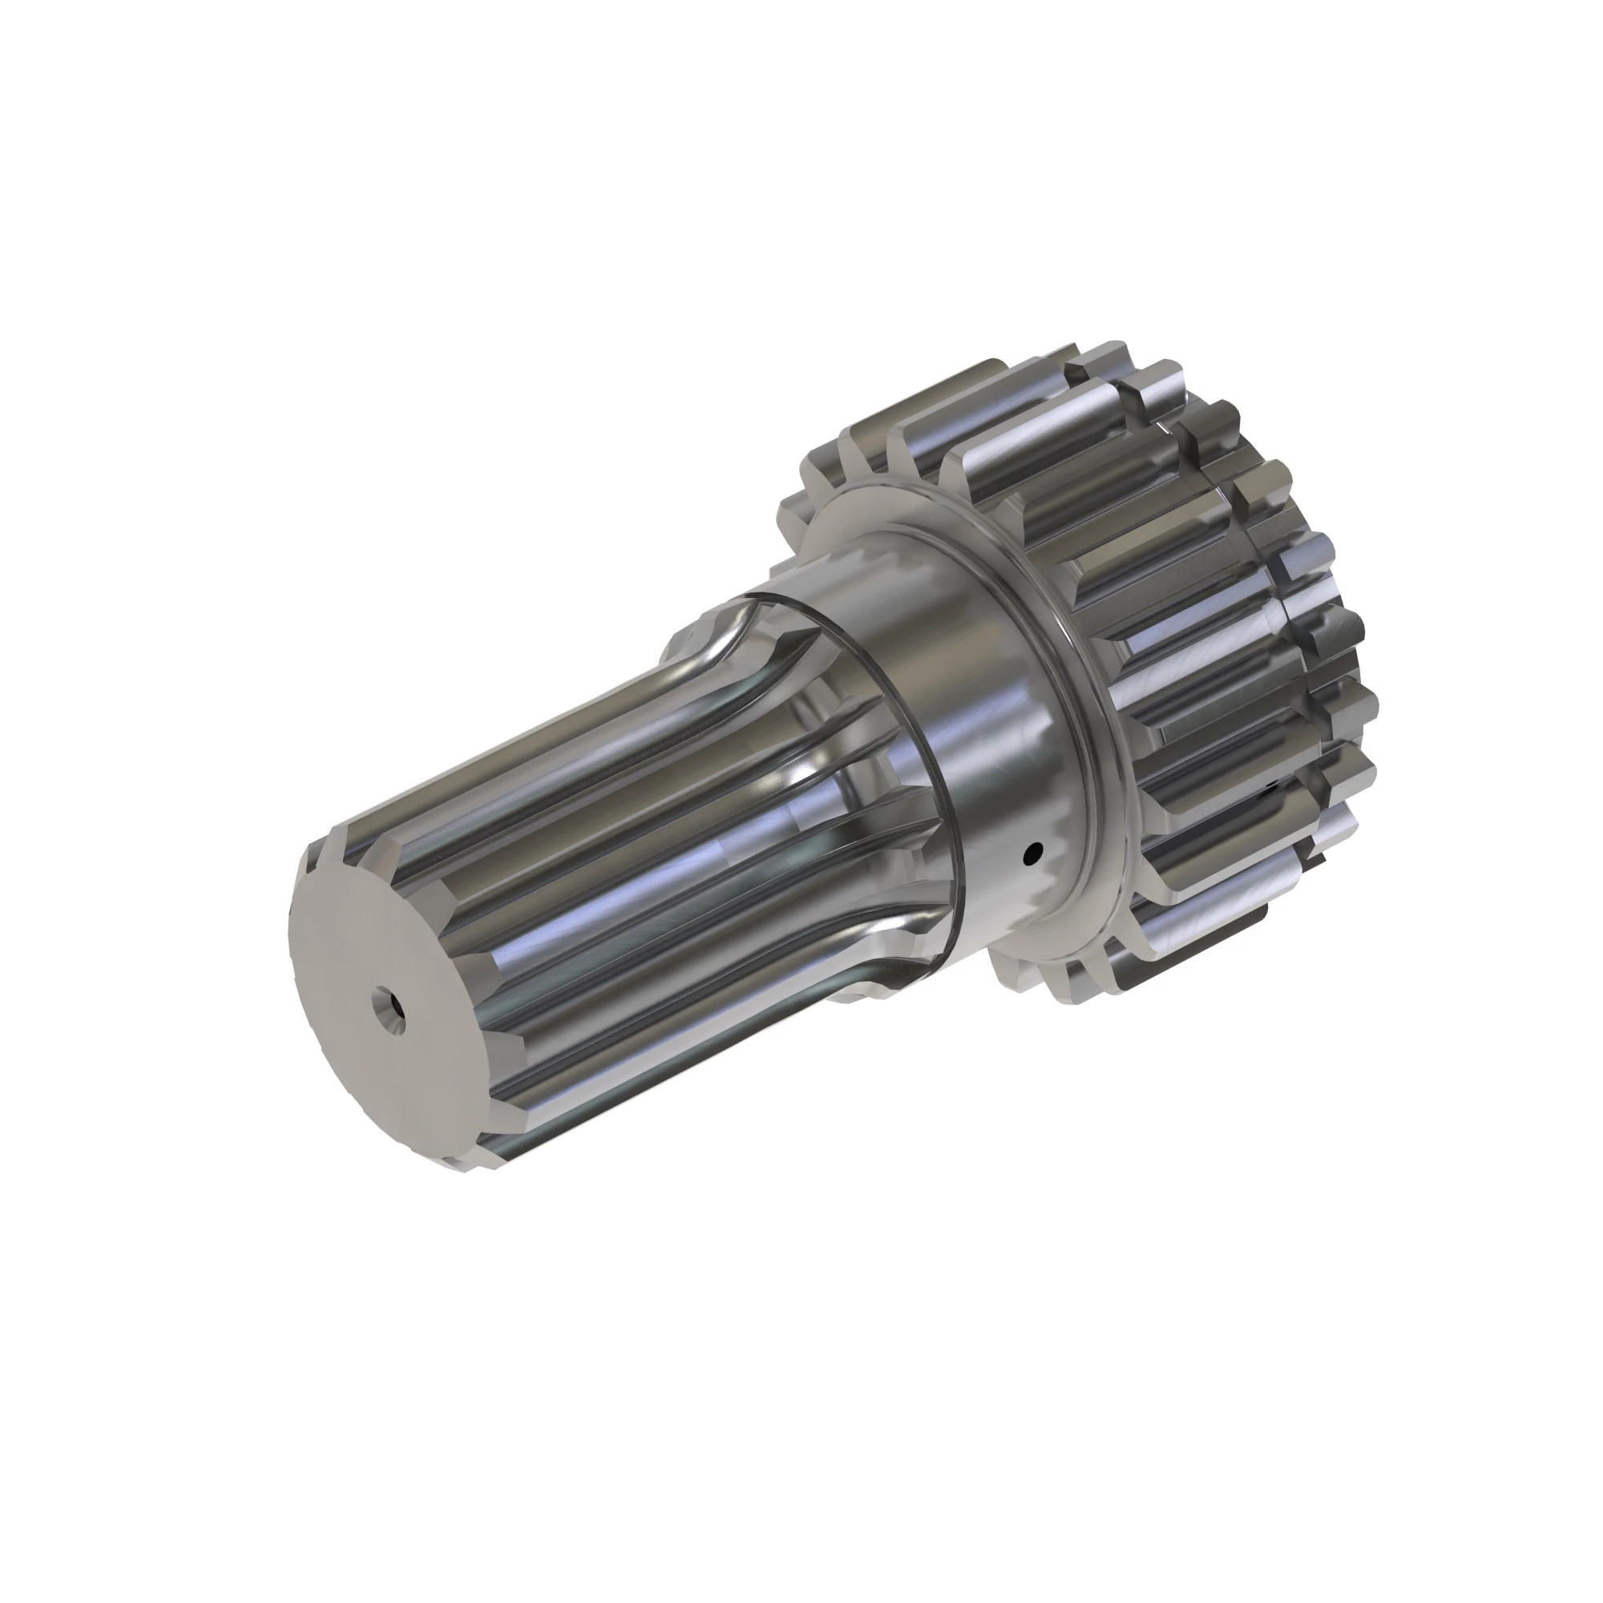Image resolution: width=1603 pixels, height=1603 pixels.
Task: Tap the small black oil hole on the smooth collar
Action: [1034, 851]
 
